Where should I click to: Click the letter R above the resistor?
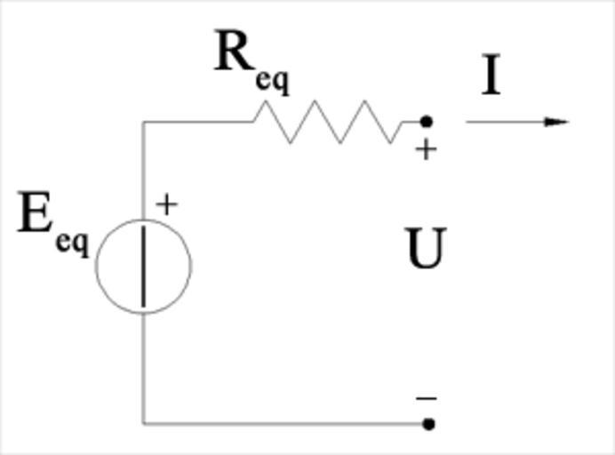tap(234, 53)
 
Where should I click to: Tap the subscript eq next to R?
tap(272, 80)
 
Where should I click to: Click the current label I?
tap(491, 76)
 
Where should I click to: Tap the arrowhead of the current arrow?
tap(557, 122)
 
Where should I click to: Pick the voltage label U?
tap(426, 250)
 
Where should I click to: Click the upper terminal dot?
tap(427, 122)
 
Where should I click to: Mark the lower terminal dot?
tap(428, 424)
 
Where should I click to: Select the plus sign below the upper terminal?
tap(426, 149)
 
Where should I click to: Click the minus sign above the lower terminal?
tap(426, 399)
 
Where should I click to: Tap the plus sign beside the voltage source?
tap(166, 204)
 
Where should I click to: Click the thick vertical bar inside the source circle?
tap(143, 267)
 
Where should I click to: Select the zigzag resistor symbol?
tap(329, 122)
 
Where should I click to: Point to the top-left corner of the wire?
tap(143, 122)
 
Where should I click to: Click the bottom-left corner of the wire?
tap(143, 423)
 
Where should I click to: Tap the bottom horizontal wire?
tap(284, 423)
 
